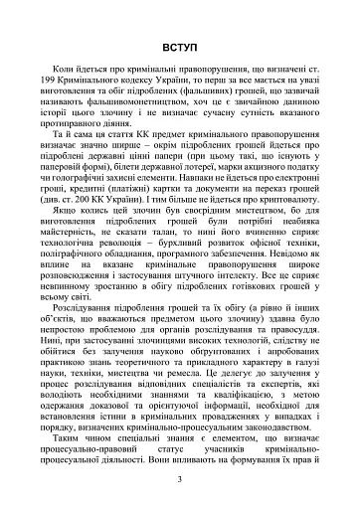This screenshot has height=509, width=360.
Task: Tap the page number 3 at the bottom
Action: (x=179, y=479)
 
